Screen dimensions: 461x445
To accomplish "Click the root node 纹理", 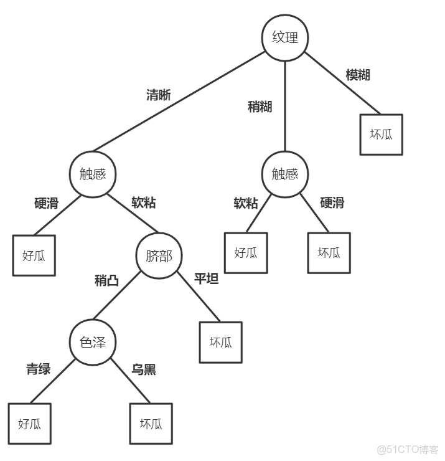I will [285, 37].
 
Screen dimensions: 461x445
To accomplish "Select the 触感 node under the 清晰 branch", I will [93, 174].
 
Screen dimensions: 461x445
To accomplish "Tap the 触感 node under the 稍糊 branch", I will [285, 174].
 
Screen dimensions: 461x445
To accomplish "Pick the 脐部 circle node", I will [159, 255].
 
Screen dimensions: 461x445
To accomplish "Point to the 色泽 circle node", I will [93, 342].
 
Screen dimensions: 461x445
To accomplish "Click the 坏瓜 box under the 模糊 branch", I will [381, 134].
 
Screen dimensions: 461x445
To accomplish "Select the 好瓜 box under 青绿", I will [30, 424].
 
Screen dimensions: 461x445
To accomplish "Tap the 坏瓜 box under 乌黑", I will [151, 424].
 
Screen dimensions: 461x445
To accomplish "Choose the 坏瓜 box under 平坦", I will [220, 342].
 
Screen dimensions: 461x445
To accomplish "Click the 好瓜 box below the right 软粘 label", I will [246, 253].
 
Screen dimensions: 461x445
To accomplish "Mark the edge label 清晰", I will [158, 95].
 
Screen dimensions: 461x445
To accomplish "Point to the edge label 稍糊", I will [260, 107].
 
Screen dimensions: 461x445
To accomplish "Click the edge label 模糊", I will [358, 75].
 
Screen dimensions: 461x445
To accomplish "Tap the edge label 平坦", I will [206, 278].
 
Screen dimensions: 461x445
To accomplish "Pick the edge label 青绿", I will [38, 369].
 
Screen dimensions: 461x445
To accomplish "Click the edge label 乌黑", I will [144, 369].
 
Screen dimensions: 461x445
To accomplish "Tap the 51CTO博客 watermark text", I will [408, 449].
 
